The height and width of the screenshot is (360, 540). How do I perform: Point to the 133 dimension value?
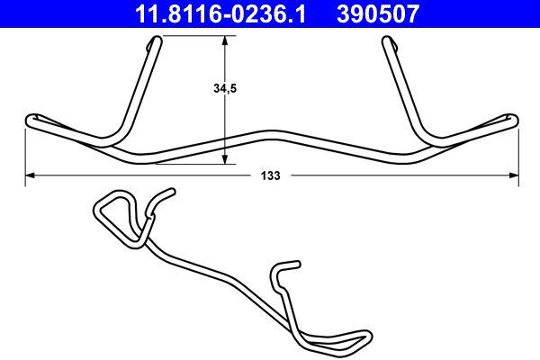click(x=270, y=177)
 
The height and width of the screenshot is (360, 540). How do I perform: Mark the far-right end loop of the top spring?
click(x=512, y=118)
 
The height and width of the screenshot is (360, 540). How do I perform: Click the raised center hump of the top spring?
click(x=270, y=131)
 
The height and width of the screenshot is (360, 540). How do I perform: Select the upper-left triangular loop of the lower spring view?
click(x=112, y=209)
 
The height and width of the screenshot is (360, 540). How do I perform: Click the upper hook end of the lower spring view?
click(x=167, y=193)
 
